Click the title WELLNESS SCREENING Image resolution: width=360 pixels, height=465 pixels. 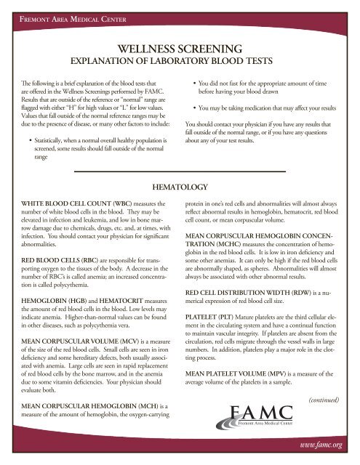[180, 49]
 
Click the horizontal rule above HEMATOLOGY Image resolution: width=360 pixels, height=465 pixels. [180, 171]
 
